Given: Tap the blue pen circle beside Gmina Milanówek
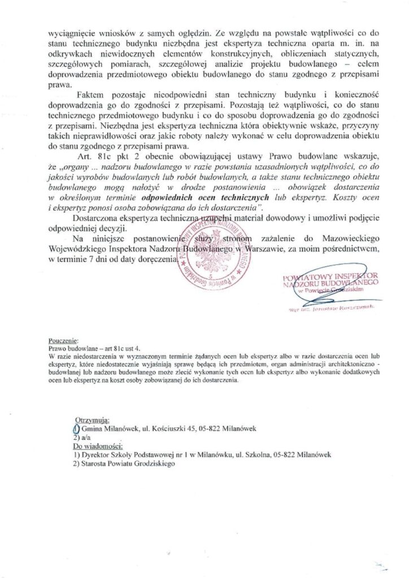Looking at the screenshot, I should tap(77, 429).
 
